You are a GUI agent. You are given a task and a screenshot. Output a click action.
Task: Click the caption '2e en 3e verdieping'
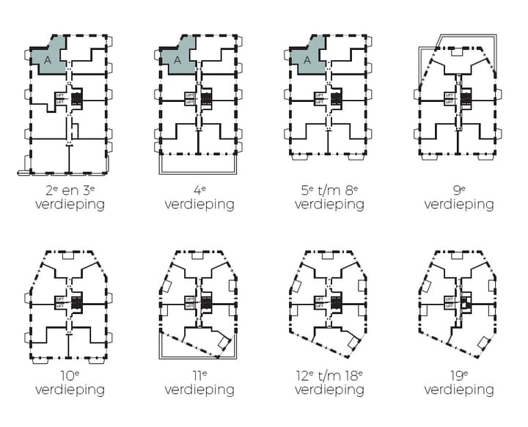point(70,197)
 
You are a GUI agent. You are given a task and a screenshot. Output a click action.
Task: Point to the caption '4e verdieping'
point(199,197)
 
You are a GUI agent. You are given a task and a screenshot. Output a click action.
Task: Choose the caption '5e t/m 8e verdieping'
point(329,197)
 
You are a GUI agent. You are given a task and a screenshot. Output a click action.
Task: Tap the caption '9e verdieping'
point(459,197)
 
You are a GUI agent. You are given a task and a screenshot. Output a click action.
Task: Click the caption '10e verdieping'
point(70,382)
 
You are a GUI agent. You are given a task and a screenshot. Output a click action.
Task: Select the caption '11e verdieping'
point(199,382)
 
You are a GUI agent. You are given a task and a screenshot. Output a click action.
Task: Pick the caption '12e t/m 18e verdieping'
point(329,382)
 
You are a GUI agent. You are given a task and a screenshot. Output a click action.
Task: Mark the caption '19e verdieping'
point(459,382)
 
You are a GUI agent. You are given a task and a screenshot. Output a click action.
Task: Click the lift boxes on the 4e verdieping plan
point(191,98)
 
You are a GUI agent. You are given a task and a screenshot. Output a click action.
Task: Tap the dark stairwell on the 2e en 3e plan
point(76,96)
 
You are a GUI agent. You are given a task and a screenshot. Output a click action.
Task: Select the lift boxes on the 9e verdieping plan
point(450,98)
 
